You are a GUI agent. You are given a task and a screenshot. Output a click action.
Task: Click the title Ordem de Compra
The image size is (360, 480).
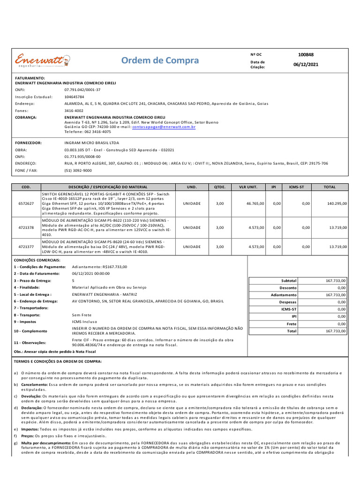coord(160,60)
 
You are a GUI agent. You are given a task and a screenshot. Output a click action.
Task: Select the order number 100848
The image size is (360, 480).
coord(306,55)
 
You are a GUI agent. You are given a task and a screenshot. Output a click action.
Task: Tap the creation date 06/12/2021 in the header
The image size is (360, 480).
coord(306,65)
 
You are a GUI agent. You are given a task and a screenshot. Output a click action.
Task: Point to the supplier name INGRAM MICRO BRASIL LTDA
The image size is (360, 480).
coord(91,142)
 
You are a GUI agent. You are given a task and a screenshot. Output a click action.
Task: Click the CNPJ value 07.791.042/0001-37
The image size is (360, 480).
coord(82,89)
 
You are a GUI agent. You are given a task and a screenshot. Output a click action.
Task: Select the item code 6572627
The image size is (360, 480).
coord(26,203)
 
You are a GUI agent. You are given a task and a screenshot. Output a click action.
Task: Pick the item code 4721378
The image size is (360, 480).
coord(26,227)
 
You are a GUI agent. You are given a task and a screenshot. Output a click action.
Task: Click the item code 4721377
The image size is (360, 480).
coord(26,246)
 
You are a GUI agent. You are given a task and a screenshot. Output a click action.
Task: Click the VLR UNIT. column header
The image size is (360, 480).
coord(248,187)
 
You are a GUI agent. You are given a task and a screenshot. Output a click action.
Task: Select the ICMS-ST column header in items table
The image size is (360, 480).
coord(296,187)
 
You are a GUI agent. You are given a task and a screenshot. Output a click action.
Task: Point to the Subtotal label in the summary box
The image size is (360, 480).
coord(288,280)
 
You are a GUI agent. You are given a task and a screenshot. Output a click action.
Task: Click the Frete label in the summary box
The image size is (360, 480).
coord(292,324)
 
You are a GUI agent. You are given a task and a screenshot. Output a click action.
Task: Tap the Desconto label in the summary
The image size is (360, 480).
coord(288,288)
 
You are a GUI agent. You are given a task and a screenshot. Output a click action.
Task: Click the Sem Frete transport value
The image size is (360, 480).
coord(82,315)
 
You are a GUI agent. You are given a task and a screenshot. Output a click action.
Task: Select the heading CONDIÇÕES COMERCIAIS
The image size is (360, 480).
coord(37,260)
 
